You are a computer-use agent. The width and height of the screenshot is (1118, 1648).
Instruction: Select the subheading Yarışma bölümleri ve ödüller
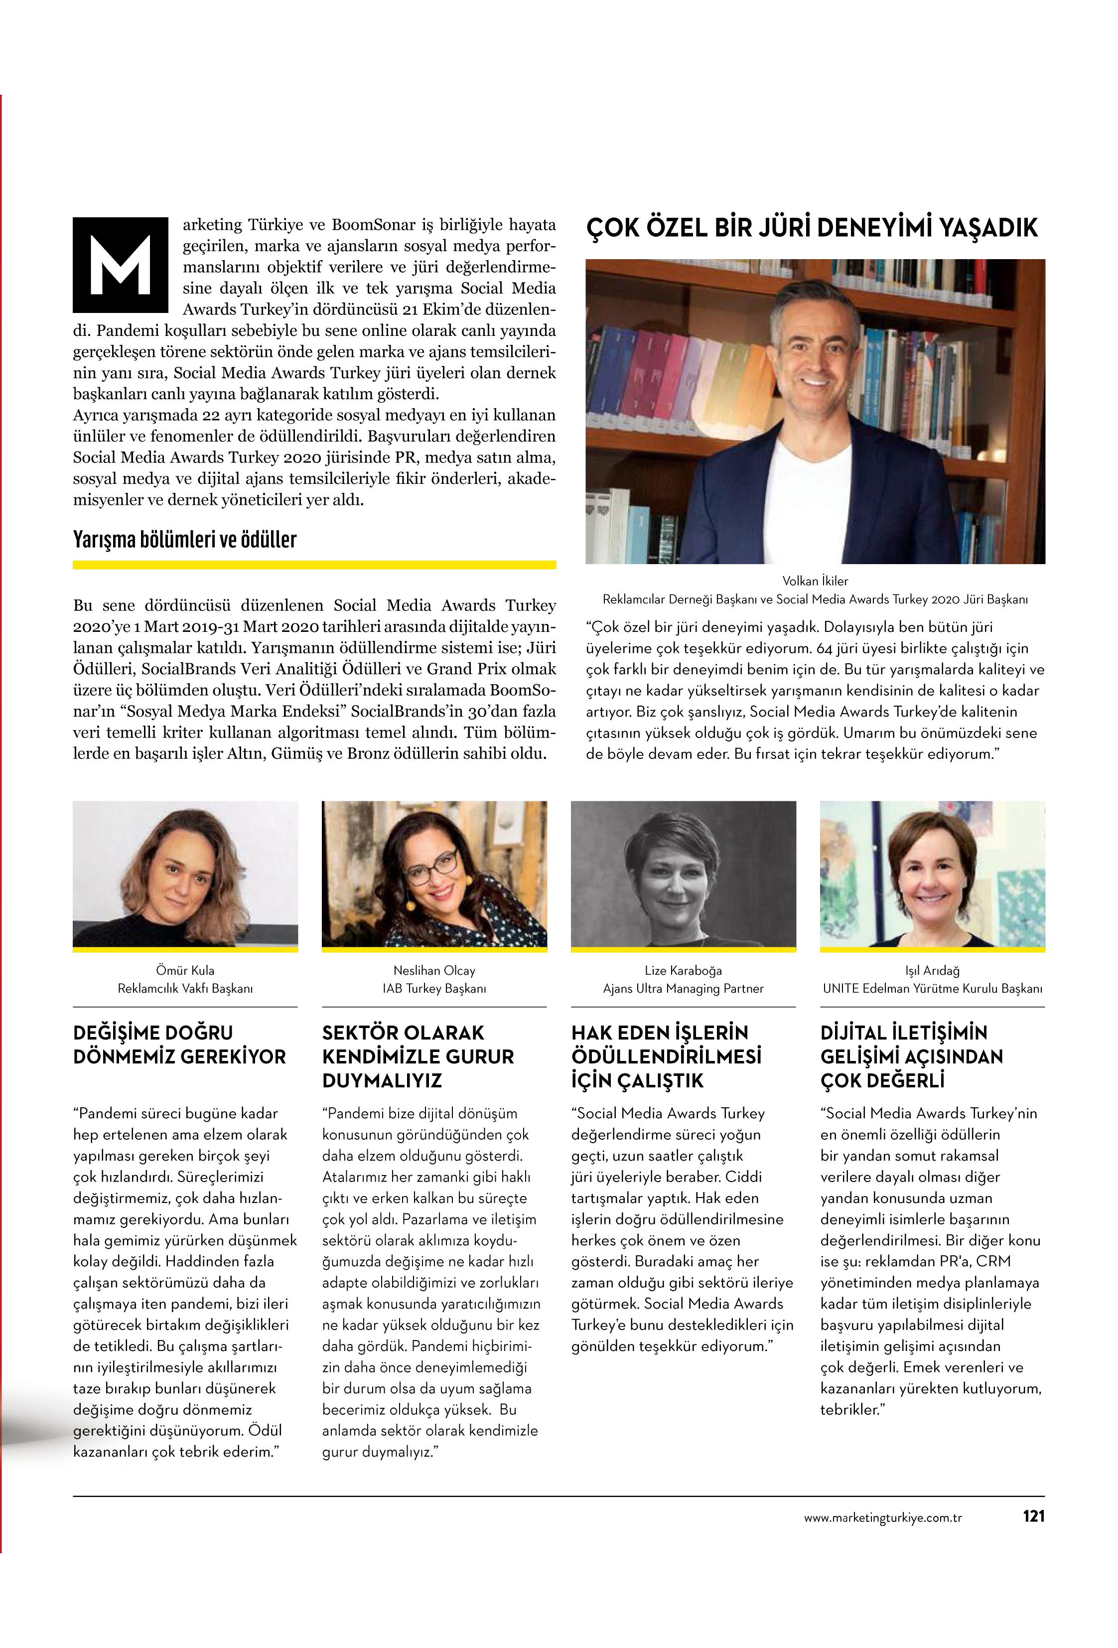tap(184, 540)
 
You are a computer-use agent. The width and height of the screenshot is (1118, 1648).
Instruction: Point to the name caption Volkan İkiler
tap(815, 581)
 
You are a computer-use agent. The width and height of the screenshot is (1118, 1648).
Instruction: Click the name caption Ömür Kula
tap(184, 970)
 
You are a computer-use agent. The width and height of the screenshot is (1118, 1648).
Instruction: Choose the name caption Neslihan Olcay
tap(434, 970)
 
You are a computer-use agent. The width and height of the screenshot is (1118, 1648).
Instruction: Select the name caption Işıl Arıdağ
tap(932, 970)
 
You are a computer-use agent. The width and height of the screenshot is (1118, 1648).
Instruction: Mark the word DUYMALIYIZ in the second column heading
tap(382, 1081)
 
